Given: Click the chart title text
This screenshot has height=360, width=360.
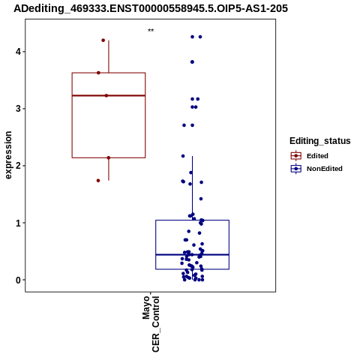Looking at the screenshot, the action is [151, 8].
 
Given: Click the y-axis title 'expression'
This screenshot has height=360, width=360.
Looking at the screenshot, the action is [8, 155].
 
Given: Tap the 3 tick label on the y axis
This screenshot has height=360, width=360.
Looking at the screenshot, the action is [18, 109].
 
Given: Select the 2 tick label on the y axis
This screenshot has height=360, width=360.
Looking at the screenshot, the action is [18, 166].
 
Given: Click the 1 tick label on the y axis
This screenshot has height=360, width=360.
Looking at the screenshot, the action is [18, 223].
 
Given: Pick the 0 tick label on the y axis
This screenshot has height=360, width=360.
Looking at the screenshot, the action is [18, 280].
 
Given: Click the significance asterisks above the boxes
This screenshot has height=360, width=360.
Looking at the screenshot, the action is [151, 31].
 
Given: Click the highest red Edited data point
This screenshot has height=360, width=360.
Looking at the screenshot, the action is [103, 40].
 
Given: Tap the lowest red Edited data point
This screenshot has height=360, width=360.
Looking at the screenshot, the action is [98, 181].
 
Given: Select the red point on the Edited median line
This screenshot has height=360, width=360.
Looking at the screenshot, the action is [106, 95].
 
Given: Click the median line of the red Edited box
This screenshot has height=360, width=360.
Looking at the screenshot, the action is [109, 95].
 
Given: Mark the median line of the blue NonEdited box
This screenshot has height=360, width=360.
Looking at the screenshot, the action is [192, 254].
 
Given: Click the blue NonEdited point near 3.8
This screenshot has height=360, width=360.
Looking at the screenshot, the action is [192, 62].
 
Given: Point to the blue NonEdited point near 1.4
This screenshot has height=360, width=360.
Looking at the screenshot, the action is [201, 199].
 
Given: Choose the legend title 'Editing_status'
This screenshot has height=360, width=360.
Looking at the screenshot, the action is [320, 141].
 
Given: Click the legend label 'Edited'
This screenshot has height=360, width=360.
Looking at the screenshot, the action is [317, 156].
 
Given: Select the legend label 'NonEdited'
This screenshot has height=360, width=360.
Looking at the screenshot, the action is [325, 169].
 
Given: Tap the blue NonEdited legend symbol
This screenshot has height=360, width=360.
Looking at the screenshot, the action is [296, 169].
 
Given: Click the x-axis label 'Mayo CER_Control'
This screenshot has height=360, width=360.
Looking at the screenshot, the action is [151, 324].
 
